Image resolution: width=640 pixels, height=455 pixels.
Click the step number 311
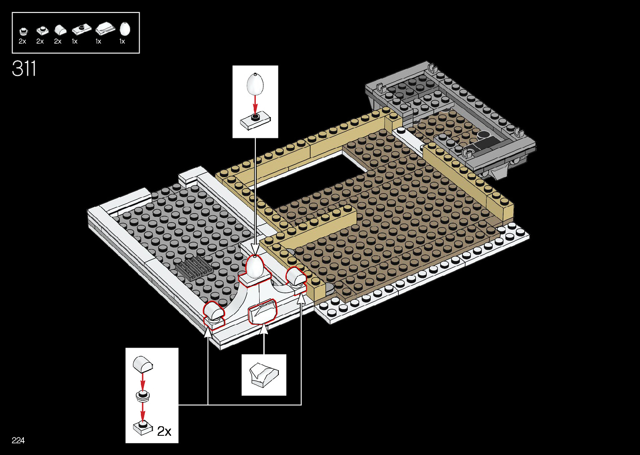coord(24,69)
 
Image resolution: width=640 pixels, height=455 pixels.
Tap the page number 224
coord(18,440)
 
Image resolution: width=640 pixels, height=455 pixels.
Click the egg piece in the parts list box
coord(125,29)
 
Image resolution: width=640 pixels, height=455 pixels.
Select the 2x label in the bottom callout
coord(164,431)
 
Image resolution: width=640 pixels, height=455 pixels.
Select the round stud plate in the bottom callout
coord(143,395)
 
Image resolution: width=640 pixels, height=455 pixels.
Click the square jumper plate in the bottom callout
coord(143,428)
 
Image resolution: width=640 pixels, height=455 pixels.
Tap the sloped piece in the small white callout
coord(263,375)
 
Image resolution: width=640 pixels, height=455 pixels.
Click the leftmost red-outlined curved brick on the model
coord(213,312)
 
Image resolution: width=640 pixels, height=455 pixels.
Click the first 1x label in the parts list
coord(74,41)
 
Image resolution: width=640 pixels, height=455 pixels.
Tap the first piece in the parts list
coord(23,31)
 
